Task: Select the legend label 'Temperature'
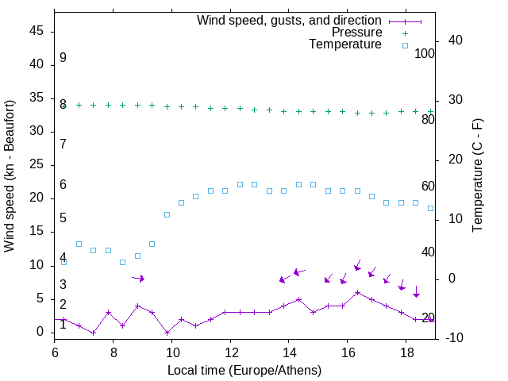click(345, 45)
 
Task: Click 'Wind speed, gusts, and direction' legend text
click(289, 20)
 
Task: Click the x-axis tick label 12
click(230, 352)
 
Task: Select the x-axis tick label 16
click(347, 352)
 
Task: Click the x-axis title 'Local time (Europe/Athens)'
click(244, 370)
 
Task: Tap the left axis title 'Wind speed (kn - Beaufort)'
click(10, 175)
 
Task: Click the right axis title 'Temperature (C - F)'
click(477, 175)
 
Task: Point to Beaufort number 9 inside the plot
click(63, 58)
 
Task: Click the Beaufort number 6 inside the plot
click(63, 185)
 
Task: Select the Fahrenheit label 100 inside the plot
click(425, 54)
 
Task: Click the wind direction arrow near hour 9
click(138, 278)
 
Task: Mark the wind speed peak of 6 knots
click(357, 292)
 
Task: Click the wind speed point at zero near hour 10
click(167, 332)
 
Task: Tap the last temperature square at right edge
click(430, 208)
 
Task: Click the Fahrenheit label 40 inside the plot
click(428, 252)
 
